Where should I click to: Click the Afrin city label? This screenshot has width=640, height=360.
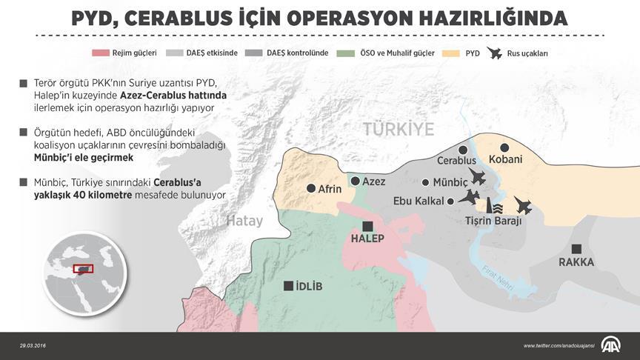(x=330, y=189)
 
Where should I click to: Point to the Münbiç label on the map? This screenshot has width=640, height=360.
(x=453, y=182)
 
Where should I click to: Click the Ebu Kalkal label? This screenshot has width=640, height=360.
(x=419, y=201)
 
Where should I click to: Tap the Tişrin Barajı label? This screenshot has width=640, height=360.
(x=493, y=221)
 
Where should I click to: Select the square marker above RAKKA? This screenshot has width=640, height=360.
(x=576, y=248)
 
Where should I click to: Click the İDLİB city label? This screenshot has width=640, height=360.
(x=309, y=287)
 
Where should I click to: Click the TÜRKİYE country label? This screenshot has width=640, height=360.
(x=399, y=129)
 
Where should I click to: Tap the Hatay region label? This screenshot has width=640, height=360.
(x=244, y=221)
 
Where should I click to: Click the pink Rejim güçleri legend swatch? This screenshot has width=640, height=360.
(x=100, y=53)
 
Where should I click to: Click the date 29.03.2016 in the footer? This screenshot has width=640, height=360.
(x=34, y=346)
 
